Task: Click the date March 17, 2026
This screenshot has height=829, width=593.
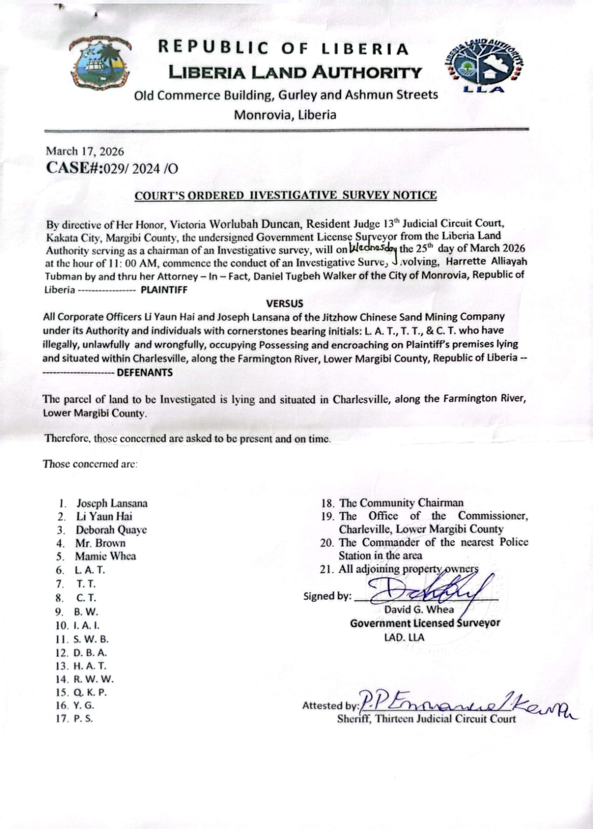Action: point(85,151)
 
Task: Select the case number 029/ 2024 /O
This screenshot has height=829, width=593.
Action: point(141,168)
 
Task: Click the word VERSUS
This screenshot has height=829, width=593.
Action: point(284,303)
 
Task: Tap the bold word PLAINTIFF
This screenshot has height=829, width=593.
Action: point(164,290)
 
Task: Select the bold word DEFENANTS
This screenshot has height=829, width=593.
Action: point(145,372)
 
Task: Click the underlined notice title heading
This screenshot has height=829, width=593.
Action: point(285,195)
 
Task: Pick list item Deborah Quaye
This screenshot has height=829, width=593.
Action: point(111,530)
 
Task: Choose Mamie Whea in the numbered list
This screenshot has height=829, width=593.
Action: point(105,556)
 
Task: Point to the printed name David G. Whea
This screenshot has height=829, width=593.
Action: point(419,610)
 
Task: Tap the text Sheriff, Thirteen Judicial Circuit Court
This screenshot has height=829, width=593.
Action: point(426,719)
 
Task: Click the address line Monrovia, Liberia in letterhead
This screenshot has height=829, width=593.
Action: point(285,115)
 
